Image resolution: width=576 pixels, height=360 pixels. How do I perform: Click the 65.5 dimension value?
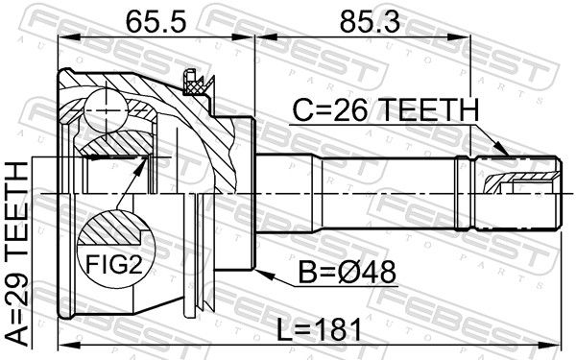click(x=156, y=21)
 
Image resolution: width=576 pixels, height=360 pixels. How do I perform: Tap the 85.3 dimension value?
click(x=370, y=21)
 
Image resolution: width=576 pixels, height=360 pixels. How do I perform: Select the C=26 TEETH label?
click(x=386, y=109)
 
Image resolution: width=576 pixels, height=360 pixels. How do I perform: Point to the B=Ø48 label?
click(x=348, y=273)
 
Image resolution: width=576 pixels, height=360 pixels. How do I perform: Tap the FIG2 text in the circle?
click(x=114, y=264)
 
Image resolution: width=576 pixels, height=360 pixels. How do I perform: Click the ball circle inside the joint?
click(x=106, y=110)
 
